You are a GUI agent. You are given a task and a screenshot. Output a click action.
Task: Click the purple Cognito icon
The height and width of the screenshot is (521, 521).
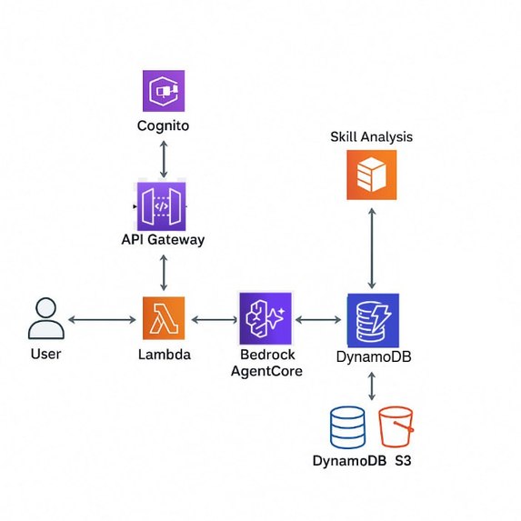[164, 92]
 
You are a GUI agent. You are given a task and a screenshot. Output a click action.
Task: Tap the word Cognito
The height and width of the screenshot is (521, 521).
[164, 125]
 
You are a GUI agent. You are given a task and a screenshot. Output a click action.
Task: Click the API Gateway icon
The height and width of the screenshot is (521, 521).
[162, 206]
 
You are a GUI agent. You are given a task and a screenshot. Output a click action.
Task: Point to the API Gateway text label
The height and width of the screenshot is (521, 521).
[163, 240]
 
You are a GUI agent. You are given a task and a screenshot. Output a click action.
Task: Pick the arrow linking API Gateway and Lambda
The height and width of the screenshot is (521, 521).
[163, 272]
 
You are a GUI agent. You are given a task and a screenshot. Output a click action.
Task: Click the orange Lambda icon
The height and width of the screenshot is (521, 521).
[163, 318]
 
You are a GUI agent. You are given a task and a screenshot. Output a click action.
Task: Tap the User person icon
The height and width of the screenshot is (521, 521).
[45, 318]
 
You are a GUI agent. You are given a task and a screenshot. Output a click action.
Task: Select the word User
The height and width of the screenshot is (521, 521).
[45, 354]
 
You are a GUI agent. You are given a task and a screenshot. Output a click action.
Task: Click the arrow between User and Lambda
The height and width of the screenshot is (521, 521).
[101, 319]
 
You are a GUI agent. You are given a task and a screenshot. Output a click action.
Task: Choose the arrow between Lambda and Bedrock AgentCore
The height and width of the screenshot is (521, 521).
[214, 319]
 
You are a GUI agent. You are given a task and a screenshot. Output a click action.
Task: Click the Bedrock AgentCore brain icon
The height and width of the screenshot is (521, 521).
[265, 318]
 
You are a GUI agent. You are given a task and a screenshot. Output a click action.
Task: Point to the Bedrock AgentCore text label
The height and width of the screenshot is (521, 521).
[266, 362]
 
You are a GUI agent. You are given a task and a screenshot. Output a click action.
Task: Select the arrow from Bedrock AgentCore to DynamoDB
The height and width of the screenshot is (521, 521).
[318, 319]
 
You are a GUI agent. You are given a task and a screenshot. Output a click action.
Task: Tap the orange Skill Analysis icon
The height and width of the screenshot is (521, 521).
[371, 175]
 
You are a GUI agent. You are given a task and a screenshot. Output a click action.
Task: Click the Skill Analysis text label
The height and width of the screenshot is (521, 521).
[371, 137]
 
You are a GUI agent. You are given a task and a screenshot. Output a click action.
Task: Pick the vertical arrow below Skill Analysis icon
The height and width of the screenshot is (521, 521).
[371, 246]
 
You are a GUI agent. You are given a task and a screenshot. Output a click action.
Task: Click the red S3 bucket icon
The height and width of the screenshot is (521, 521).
[396, 427]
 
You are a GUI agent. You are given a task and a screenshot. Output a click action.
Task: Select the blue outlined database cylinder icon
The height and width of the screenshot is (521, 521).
[347, 427]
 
